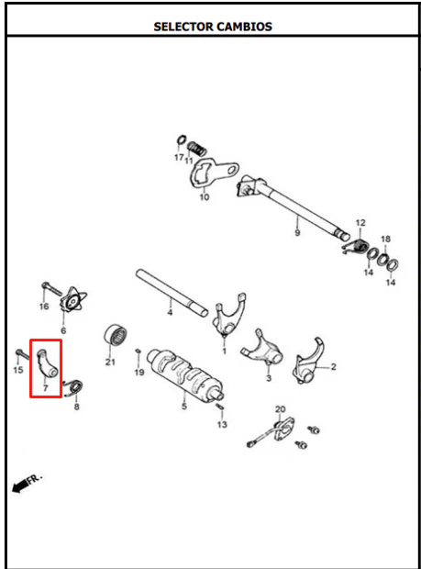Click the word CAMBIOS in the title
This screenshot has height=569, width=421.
pos(244,27)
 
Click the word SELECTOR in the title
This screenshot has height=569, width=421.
pos(183,27)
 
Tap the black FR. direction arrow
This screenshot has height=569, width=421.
pos(21,485)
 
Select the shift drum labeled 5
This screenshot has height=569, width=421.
pos(185,374)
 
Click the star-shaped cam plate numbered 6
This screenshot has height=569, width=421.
pos(73,299)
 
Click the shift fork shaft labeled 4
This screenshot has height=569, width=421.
pos(172,293)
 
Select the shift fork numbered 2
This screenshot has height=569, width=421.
pos(308,362)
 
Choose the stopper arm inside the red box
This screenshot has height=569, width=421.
pos(47,363)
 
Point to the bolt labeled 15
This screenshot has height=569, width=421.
pos(23,354)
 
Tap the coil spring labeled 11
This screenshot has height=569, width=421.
pos(197,148)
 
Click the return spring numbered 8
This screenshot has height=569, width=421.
pos(74,387)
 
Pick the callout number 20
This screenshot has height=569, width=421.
pos(280,409)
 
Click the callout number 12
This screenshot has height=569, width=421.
pos(360,222)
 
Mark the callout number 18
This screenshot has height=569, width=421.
pos(385,239)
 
